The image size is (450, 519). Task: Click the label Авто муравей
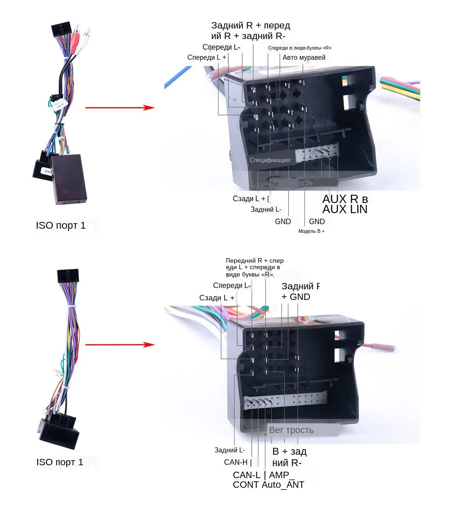click(x=304, y=57)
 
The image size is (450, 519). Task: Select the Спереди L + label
click(x=207, y=57)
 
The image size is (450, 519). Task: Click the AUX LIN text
click(x=345, y=209)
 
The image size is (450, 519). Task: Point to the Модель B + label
click(x=311, y=231)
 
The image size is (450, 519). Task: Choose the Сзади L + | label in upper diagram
click(x=251, y=199)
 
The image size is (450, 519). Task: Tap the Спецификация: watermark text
click(x=270, y=160)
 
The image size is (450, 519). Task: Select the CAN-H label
click(x=237, y=462)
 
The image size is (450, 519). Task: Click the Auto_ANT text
click(x=283, y=485)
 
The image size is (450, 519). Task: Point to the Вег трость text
click(x=291, y=430)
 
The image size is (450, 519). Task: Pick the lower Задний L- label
click(x=230, y=450)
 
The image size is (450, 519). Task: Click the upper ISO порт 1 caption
click(x=61, y=226)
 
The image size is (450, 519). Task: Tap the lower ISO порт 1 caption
click(x=60, y=462)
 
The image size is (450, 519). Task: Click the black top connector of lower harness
click(x=67, y=276)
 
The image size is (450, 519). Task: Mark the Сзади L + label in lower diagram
click(x=217, y=298)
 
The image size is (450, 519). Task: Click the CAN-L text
click(x=247, y=475)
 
